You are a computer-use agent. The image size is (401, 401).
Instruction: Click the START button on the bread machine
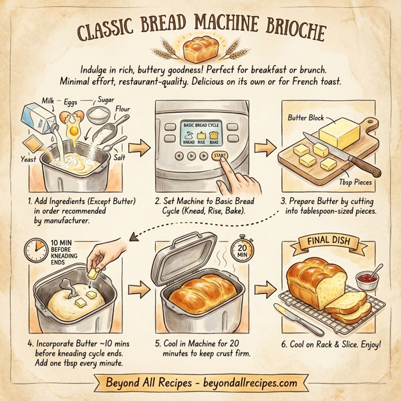click(219, 155)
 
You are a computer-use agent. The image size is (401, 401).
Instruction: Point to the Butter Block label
click(305, 118)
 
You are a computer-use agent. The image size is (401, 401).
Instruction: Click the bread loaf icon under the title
click(199, 49)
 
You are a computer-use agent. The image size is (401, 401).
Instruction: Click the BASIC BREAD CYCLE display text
click(202, 125)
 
